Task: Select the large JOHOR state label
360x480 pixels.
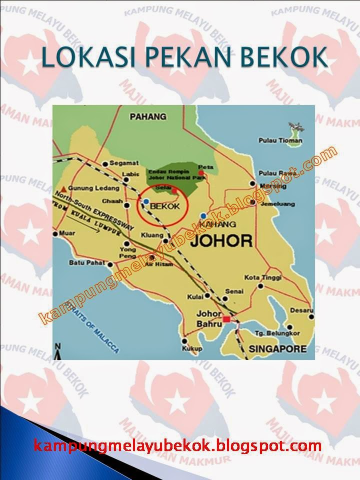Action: click(221, 241)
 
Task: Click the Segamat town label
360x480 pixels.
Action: click(124, 163)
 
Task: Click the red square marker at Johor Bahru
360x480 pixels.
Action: click(227, 319)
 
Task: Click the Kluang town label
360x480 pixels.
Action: click(152, 234)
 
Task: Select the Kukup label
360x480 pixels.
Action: click(192, 348)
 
